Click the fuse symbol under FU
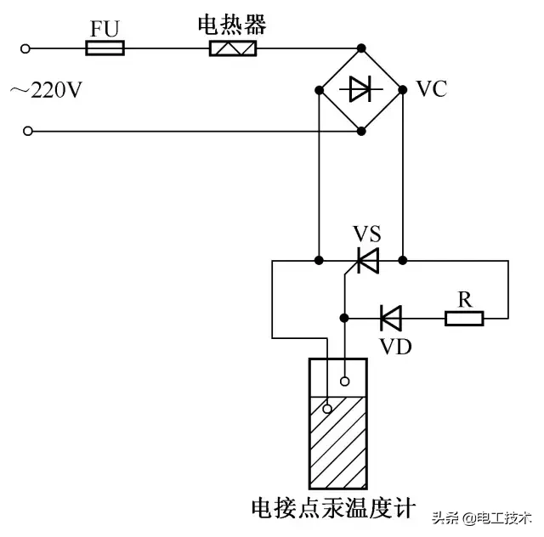point(105,48)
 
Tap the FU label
point(106,28)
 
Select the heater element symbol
point(233,48)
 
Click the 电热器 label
point(232,25)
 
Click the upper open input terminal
point(27,48)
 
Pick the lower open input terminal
point(27,132)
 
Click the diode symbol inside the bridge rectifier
point(361,88)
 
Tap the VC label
point(432,89)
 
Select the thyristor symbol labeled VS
point(367,259)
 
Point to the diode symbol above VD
point(390,319)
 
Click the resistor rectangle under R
point(464,319)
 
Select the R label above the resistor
point(464,299)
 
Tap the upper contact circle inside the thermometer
point(345,381)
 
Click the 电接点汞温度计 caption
point(333,508)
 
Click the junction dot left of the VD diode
point(344,319)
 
